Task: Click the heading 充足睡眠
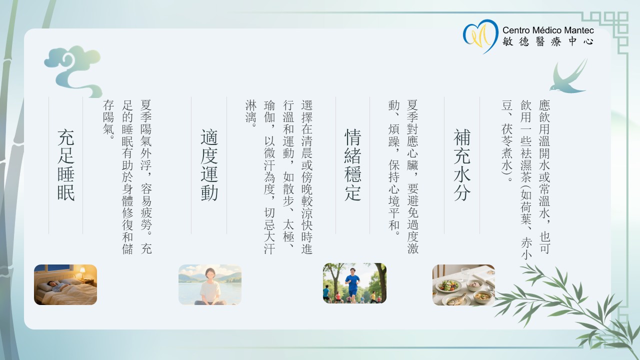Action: (x=66, y=165)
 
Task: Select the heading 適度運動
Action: (x=209, y=165)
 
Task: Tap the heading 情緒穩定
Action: (x=353, y=165)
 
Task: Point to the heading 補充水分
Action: (x=462, y=165)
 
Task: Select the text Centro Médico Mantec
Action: (x=548, y=30)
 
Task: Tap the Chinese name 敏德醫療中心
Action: (x=548, y=42)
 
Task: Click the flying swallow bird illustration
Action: (x=569, y=77)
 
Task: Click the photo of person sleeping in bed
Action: (x=65, y=284)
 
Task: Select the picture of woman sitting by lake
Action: (x=210, y=284)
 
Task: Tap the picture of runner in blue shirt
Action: (x=354, y=283)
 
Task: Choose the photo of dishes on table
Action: (x=463, y=284)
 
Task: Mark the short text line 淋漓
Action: (x=250, y=113)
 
